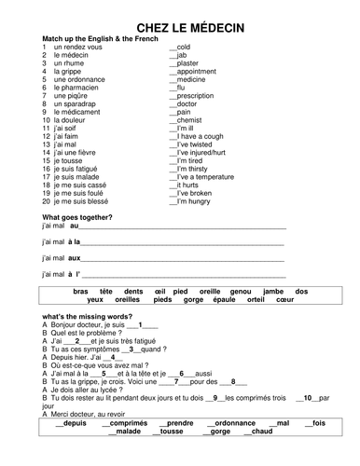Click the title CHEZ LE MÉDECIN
pyautogui.click(x=180, y=28)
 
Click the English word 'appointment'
pyautogui.click(x=196, y=71)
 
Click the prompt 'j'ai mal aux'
pyautogui.click(x=62, y=258)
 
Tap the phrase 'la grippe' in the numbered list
pyautogui.click(x=68, y=71)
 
